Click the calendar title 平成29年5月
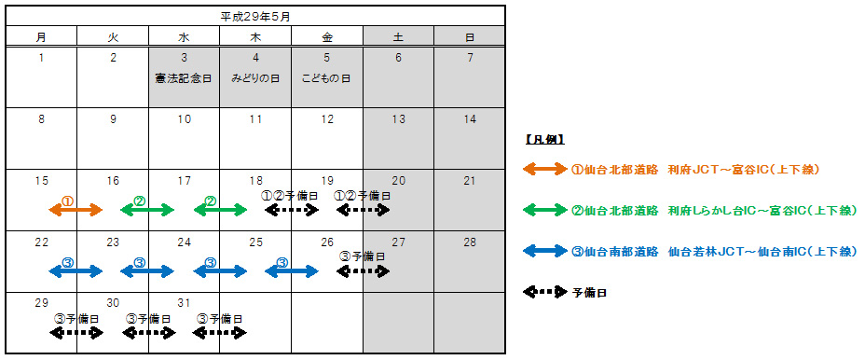(255, 16)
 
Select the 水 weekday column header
(184, 37)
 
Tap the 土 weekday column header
(398, 37)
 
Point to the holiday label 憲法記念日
(184, 78)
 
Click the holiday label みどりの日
(255, 78)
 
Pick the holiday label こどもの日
(326, 78)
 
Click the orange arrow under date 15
(76, 211)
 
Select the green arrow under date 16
(147, 211)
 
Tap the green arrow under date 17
(220, 211)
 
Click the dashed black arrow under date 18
(292, 211)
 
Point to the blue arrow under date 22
(76, 271)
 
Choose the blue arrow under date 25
(292, 271)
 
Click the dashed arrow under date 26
(363, 271)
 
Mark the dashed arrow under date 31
(220, 332)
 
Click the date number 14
(470, 119)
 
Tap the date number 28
(470, 242)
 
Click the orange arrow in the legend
(545, 170)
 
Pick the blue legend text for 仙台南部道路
(715, 252)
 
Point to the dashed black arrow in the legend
(545, 292)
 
